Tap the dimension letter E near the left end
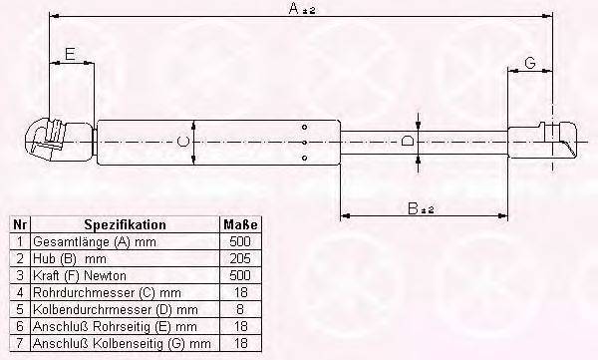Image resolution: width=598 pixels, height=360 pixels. click(x=70, y=54)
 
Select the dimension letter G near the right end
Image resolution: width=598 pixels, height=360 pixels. click(x=530, y=62)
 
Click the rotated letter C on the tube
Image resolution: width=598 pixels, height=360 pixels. click(x=183, y=142)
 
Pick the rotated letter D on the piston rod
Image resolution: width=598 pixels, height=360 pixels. click(x=408, y=142)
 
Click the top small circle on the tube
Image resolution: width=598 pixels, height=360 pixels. click(x=304, y=127)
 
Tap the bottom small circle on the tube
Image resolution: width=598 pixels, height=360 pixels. click(x=304, y=158)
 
